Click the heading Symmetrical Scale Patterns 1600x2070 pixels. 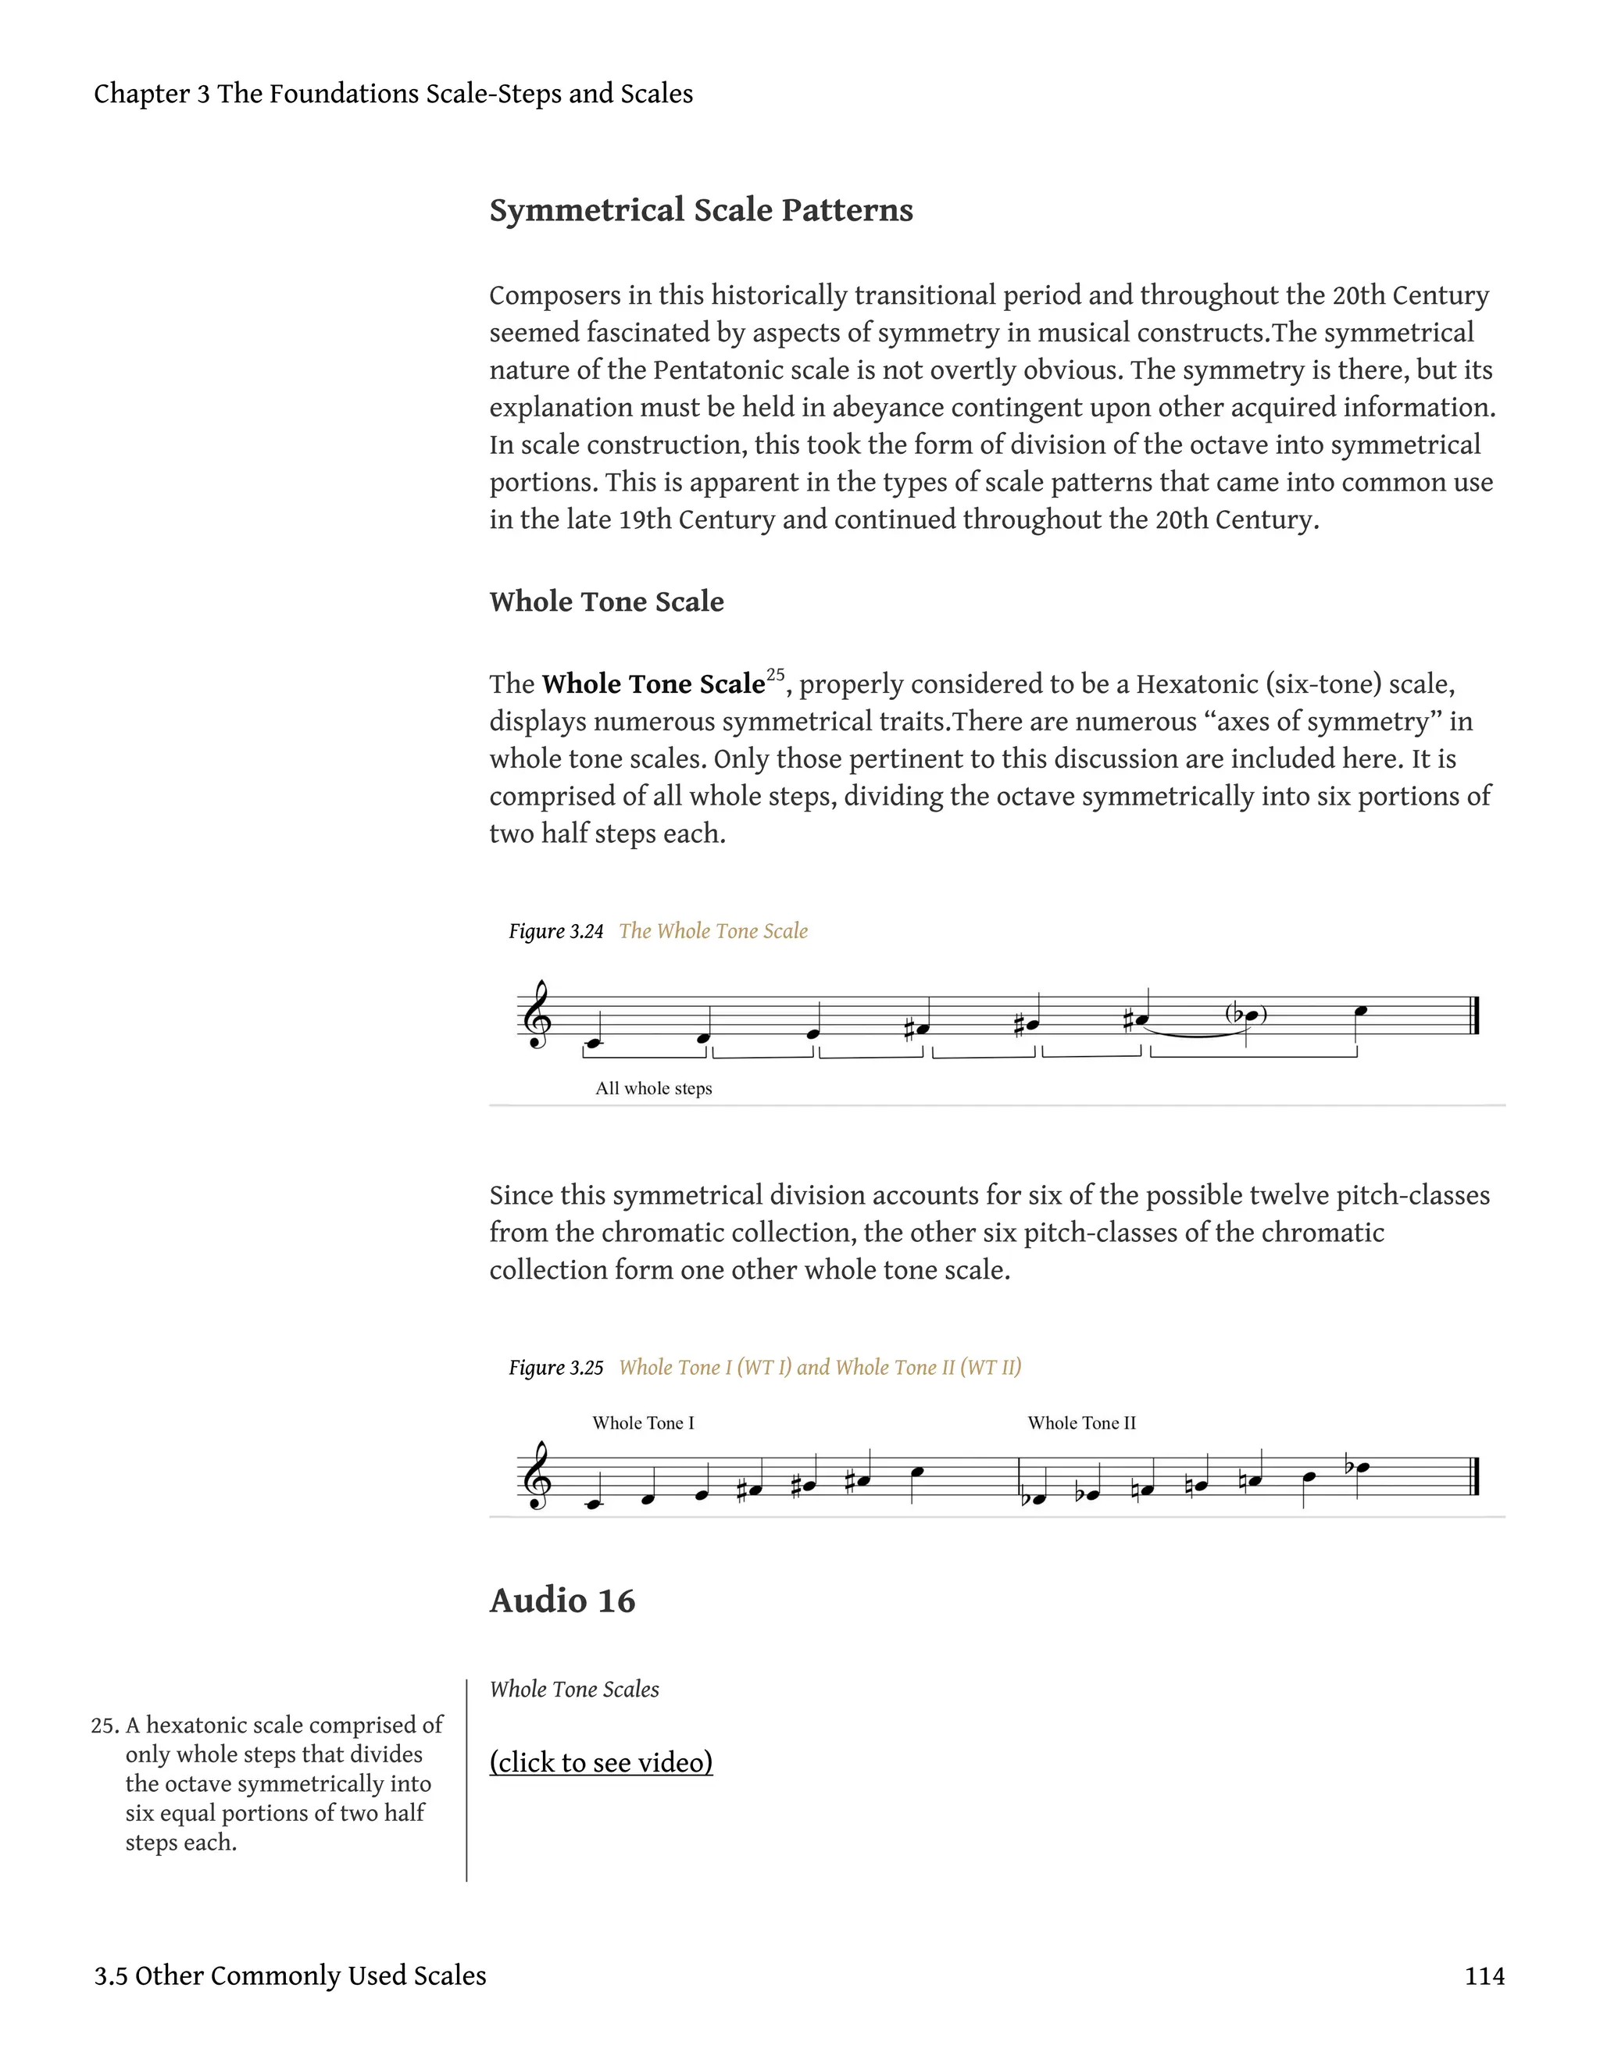[701, 209]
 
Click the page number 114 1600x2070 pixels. [1484, 1976]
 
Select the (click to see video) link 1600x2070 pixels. [601, 1762]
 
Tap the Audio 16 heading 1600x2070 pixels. [562, 1601]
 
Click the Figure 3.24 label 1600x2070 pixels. [556, 932]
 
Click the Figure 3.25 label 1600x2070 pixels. [556, 1368]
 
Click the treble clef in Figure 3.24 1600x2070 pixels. [537, 1016]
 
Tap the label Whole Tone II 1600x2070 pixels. [1081, 1422]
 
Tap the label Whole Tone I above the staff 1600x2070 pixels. [643, 1422]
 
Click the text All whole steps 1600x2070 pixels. [653, 1088]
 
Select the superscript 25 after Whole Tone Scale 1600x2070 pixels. [775, 675]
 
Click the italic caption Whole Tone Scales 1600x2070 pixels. [573, 1689]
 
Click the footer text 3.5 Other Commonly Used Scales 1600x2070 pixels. [290, 1976]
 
